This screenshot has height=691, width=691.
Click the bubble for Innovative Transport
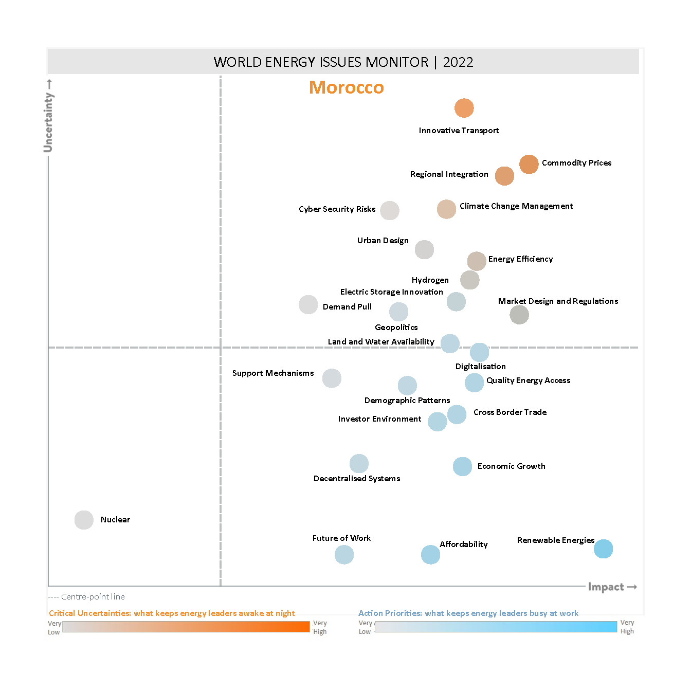click(464, 108)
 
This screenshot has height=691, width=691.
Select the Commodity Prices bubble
click(529, 165)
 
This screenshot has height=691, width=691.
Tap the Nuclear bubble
click(84, 520)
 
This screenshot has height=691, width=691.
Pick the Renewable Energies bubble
click(603, 549)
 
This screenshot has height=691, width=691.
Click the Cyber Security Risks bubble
click(390, 210)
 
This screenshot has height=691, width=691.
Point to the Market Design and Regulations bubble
click(519, 315)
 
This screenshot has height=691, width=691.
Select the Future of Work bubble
click(344, 555)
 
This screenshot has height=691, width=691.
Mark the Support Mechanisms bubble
click(332, 378)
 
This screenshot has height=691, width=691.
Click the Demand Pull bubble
click(308, 304)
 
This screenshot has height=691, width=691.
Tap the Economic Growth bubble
click(462, 466)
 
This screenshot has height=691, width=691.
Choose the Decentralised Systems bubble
click(359, 463)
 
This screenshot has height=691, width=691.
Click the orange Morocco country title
click(346, 87)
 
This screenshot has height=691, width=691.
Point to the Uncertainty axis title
click(48, 122)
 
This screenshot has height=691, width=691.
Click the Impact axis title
click(606, 587)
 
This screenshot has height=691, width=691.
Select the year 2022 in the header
click(458, 62)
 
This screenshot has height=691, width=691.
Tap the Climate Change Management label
click(516, 206)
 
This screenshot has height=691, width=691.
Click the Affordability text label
click(463, 544)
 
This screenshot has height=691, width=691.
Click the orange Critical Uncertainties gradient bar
click(186, 627)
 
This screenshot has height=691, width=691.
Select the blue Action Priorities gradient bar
click(496, 627)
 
